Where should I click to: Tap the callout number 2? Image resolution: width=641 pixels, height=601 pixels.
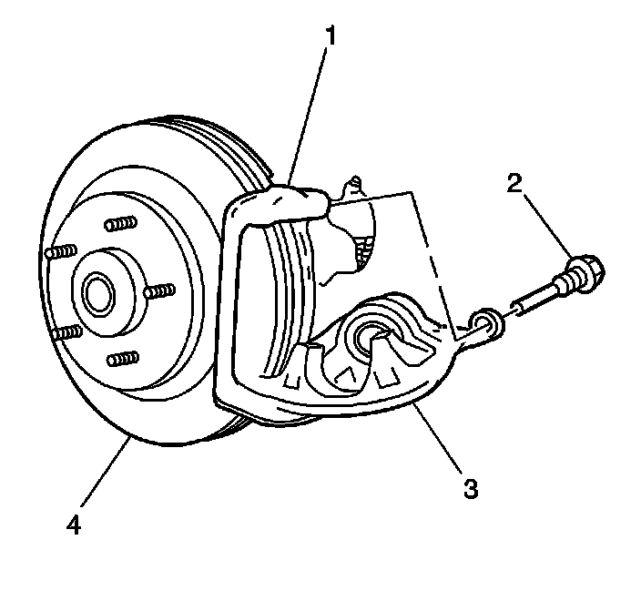pyautogui.click(x=515, y=185)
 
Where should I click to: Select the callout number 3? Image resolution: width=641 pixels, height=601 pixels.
pyautogui.click(x=470, y=487)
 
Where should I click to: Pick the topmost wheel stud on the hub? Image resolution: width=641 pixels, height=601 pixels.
pyautogui.click(x=121, y=224)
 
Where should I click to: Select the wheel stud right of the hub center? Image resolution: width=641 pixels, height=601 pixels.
pyautogui.click(x=161, y=291)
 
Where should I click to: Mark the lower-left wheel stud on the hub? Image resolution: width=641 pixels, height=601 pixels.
pyautogui.click(x=66, y=333)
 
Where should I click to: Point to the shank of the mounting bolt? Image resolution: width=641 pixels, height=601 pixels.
pyautogui.click(x=544, y=294)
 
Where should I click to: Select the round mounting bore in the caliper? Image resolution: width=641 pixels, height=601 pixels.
pyautogui.click(x=371, y=339)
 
